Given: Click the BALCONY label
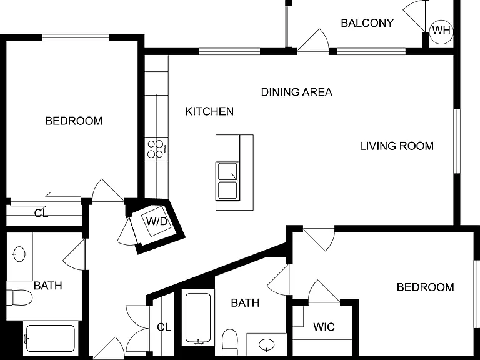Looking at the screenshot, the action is tap(367, 23).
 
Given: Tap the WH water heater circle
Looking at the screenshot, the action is tap(441, 31).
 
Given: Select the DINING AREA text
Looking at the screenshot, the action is tap(297, 92).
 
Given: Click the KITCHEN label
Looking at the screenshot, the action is tap(209, 111).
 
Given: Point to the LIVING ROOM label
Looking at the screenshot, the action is tap(397, 146).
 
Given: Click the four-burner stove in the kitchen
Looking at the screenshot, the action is tap(156, 149).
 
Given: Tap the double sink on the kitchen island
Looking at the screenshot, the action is tap(227, 181).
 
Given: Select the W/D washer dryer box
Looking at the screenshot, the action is tap(156, 221).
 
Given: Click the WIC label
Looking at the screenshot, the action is tap(324, 327).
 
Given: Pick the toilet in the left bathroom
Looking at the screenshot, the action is tap(19, 297).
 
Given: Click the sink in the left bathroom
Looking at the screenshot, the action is tap(19, 254).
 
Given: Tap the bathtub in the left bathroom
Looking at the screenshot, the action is tap(50, 339).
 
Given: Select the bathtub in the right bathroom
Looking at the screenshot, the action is tap(198, 318).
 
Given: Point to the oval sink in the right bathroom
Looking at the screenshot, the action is tap(267, 345).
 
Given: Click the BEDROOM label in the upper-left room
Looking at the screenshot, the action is tap(74, 121).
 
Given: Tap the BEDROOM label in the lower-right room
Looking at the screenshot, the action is tap(425, 287).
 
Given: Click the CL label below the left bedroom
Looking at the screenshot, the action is tap(41, 213).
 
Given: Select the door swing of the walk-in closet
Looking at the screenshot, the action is tap(323, 291).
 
